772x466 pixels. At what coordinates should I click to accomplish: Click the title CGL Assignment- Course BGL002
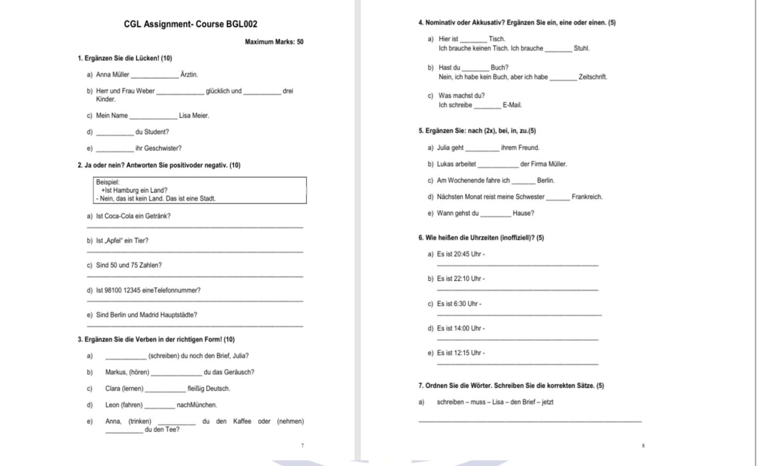pos(191,24)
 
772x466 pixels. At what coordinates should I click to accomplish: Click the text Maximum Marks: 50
pos(274,42)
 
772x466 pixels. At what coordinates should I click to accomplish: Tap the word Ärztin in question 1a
pos(189,75)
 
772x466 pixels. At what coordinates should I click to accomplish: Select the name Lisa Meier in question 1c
pos(194,116)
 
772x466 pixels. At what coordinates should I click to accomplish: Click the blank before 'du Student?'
pos(115,132)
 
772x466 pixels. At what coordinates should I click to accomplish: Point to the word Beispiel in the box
pos(107,182)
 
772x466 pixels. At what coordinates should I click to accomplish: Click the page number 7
pos(303,446)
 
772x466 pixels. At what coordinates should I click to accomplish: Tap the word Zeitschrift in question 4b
pos(593,77)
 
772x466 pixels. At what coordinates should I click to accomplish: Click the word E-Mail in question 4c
pos(512,105)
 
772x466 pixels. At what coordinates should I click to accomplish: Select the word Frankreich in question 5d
pos(587,197)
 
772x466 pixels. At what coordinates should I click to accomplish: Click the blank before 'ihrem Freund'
pos(482,148)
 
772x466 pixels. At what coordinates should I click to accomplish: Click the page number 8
pos(643,446)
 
